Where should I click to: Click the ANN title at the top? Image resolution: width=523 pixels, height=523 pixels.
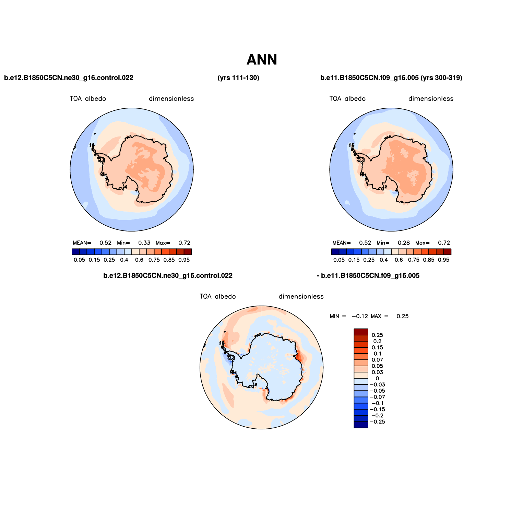click(262, 60)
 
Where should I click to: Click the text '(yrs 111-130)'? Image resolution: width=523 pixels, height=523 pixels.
click(238, 78)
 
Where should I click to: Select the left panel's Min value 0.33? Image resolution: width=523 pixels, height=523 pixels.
click(144, 243)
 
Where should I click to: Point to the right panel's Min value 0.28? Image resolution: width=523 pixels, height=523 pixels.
click(404, 243)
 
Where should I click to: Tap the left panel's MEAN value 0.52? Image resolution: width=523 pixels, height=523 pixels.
click(105, 243)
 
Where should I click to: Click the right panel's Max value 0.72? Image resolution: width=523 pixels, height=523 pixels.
click(444, 243)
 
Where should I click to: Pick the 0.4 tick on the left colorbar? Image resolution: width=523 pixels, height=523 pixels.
click(124, 260)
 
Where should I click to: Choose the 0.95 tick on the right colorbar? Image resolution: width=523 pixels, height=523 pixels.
click(443, 260)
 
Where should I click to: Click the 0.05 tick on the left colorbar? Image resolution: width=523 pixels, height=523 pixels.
click(79, 260)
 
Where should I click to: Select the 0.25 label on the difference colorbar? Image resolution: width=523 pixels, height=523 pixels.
click(377, 335)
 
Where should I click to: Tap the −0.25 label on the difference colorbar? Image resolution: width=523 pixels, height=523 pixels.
click(377, 422)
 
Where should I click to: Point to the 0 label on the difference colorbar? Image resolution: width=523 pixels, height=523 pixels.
click(377, 378)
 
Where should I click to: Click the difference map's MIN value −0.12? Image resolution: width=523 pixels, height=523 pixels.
click(360, 316)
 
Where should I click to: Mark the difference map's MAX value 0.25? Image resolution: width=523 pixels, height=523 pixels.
click(402, 316)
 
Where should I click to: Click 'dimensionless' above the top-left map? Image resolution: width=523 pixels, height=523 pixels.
click(171, 99)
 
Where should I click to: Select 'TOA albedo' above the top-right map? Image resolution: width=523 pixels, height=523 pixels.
click(347, 99)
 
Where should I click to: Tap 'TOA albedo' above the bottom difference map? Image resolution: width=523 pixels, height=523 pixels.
click(218, 296)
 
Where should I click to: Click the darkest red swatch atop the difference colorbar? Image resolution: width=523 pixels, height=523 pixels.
click(361, 332)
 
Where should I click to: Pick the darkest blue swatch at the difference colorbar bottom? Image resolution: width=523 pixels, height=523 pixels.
click(361, 425)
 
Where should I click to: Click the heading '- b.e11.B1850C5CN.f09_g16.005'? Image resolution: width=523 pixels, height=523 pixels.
click(368, 276)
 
